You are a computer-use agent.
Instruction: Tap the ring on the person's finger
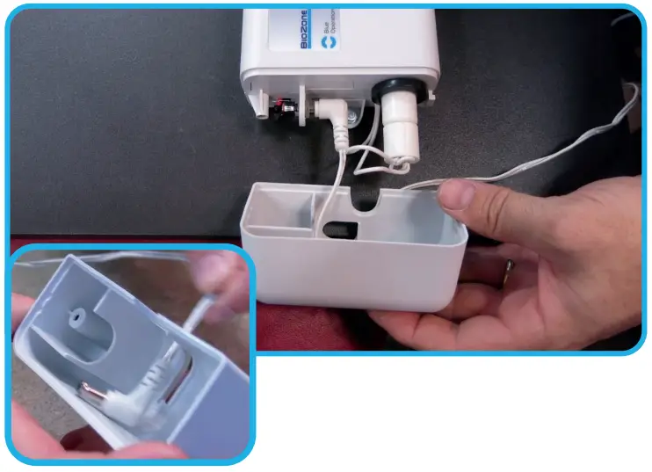point(509,269)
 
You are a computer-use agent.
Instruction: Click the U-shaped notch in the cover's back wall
point(366,200)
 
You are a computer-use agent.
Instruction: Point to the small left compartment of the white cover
point(279,214)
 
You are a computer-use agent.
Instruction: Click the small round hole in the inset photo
point(76,312)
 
